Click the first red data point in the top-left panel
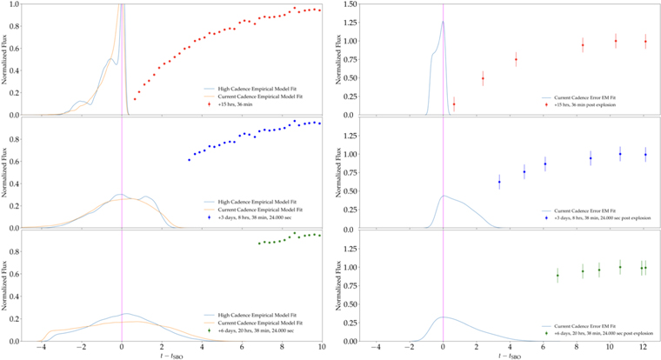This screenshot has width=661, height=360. click(x=135, y=99)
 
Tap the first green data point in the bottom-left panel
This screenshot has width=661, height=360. click(x=259, y=243)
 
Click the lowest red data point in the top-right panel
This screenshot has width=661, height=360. click(x=453, y=104)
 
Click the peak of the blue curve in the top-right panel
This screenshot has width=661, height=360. click(x=443, y=23)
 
